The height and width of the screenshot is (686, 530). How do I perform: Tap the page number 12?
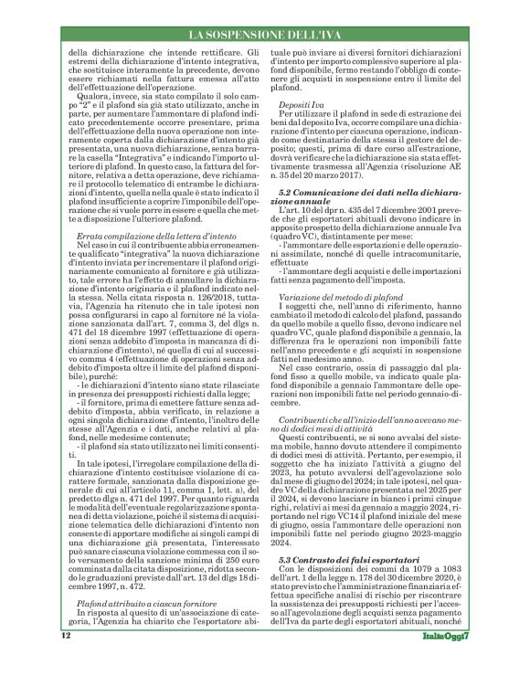[x=66, y=660]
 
